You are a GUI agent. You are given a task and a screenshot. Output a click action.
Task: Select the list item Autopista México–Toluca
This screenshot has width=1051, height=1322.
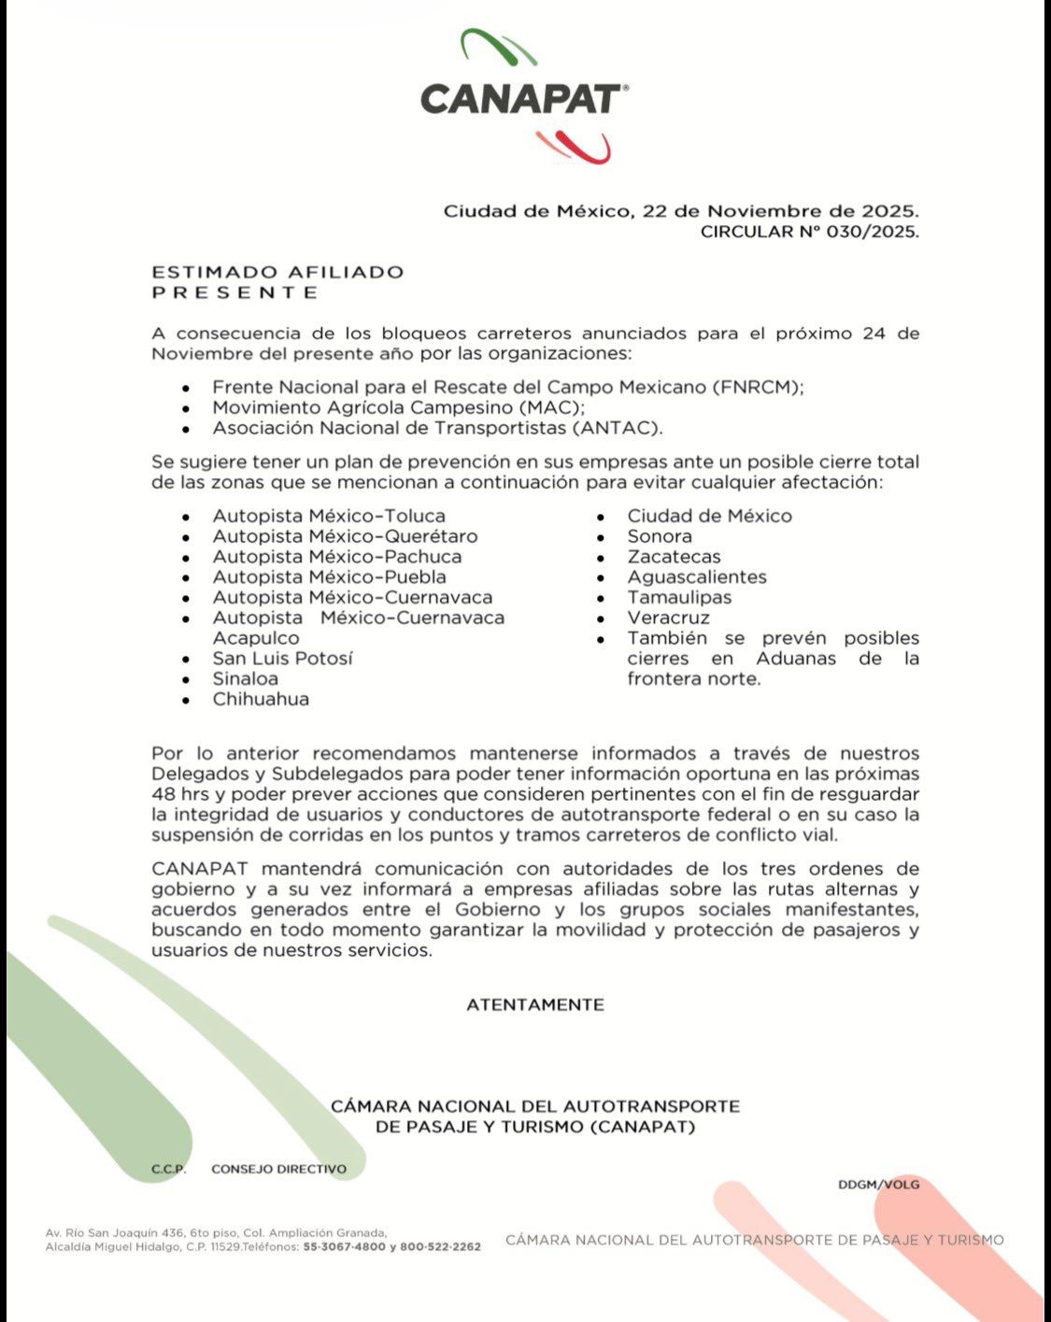(x=329, y=516)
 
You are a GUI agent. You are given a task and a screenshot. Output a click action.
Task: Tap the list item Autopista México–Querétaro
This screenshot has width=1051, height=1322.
(x=345, y=536)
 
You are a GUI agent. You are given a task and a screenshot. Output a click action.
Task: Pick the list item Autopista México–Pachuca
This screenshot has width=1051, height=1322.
(x=337, y=557)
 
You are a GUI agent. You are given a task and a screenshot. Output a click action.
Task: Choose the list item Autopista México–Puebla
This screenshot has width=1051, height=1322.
(x=329, y=577)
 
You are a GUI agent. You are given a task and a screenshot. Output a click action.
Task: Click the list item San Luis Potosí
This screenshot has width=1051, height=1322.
(x=282, y=658)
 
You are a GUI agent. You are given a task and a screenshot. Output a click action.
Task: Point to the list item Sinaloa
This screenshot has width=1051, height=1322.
(x=245, y=678)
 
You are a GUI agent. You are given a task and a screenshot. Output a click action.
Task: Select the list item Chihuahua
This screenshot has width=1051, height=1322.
(x=261, y=699)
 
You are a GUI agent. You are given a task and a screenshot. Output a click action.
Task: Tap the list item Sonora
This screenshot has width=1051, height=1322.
(x=660, y=536)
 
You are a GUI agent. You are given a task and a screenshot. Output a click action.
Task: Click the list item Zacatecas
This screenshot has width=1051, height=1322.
(x=674, y=557)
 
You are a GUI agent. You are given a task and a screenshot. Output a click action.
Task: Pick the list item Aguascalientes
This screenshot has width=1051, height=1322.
(x=697, y=577)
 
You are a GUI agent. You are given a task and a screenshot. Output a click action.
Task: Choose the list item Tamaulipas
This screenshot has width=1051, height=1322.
(x=679, y=597)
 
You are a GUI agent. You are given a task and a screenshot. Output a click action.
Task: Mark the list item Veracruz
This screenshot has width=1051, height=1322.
(x=668, y=618)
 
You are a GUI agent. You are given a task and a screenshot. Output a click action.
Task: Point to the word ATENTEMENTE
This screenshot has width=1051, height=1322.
(x=535, y=1005)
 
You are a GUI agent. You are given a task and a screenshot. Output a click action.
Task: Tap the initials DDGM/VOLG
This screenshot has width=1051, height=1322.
(x=878, y=1185)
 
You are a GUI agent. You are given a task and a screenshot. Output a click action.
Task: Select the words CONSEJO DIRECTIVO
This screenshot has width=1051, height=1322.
(x=278, y=1169)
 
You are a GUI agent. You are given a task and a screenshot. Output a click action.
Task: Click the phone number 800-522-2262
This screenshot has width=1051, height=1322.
(x=440, y=1246)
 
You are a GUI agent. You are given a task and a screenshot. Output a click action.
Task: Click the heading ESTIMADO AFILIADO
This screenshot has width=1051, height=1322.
(x=277, y=272)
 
